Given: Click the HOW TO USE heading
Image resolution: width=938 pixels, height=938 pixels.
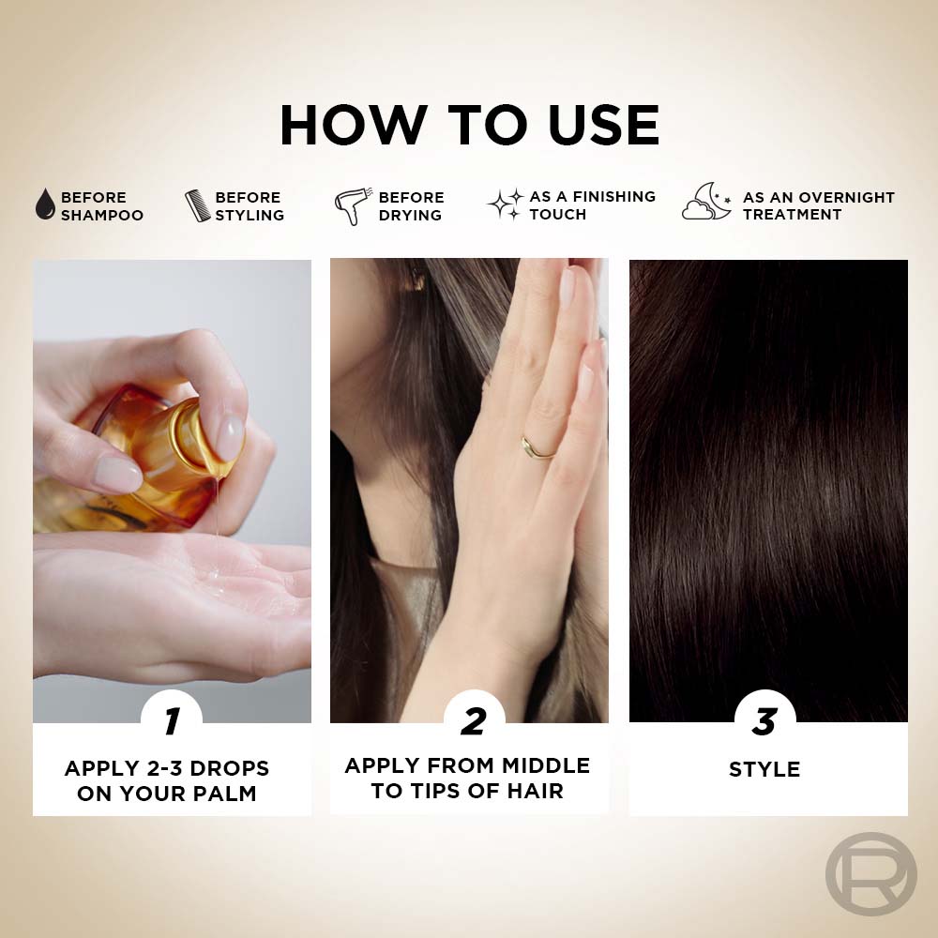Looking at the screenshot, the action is click(470, 125).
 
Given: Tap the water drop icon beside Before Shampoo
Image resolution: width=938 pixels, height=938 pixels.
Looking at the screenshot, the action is click(45, 204).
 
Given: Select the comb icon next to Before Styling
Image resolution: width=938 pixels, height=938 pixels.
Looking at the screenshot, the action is click(197, 205).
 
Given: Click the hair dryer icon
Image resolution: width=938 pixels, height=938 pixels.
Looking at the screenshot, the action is click(353, 206).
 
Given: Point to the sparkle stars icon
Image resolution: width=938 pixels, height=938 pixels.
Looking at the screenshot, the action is click(506, 204).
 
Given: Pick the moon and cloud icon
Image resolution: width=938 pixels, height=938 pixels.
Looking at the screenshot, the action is click(706, 202).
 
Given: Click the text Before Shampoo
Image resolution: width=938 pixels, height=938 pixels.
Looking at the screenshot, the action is click(102, 205).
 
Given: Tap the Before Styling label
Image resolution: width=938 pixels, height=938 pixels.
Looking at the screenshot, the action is click(250, 205).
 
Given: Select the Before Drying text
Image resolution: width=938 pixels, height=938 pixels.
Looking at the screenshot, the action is click(412, 205).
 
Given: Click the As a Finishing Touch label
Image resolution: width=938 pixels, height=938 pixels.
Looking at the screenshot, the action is click(592, 205).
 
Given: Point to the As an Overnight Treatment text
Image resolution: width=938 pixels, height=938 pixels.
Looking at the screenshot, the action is click(818, 205).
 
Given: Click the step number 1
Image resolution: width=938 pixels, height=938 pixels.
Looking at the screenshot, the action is click(173, 720).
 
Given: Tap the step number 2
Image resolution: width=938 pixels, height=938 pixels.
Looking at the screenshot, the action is click(474, 721).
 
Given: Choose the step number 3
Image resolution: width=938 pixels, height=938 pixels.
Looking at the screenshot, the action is click(765, 721).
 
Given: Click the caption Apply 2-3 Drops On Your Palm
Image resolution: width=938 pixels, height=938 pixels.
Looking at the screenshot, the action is click(167, 780).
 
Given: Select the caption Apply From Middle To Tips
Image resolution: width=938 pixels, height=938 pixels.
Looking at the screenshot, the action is click(467, 778).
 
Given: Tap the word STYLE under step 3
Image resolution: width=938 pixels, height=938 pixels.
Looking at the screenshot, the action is click(764, 769).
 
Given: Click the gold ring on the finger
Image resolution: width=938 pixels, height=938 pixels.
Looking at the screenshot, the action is click(537, 449).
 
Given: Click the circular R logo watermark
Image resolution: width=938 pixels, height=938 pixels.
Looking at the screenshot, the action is click(871, 874).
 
